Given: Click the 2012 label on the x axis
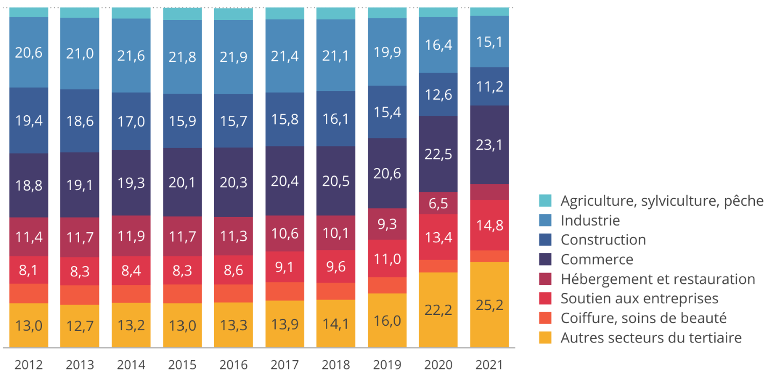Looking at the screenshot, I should tap(28, 365).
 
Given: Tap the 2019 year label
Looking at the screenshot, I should tap(387, 365).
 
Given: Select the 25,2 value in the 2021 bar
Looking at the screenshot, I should tap(489, 306).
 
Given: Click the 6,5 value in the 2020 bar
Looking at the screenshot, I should tap(438, 204).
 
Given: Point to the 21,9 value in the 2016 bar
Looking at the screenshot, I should tap(233, 57).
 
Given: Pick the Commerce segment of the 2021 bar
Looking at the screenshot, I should tap(489, 145).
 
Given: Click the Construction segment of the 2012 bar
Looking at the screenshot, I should tap(28, 121).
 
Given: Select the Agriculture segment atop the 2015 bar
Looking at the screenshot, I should tap(182, 13).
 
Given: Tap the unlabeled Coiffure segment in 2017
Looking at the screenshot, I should tap(285, 291).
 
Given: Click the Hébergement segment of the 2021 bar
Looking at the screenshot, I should tap(489, 192).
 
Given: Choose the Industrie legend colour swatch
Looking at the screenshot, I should tap(545, 220).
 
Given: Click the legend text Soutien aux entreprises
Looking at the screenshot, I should tap(639, 298).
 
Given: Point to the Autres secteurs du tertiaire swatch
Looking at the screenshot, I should tap(545, 338).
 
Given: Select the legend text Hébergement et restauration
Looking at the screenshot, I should tap(658, 279).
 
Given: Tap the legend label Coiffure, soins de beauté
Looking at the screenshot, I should tap(643, 318).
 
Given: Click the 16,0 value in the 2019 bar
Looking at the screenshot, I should tap(387, 321).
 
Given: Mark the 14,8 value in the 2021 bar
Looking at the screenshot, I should tap(489, 226).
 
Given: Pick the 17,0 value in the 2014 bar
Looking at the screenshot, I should tap(131, 121).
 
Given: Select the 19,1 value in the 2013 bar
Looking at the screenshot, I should tap(80, 185).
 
